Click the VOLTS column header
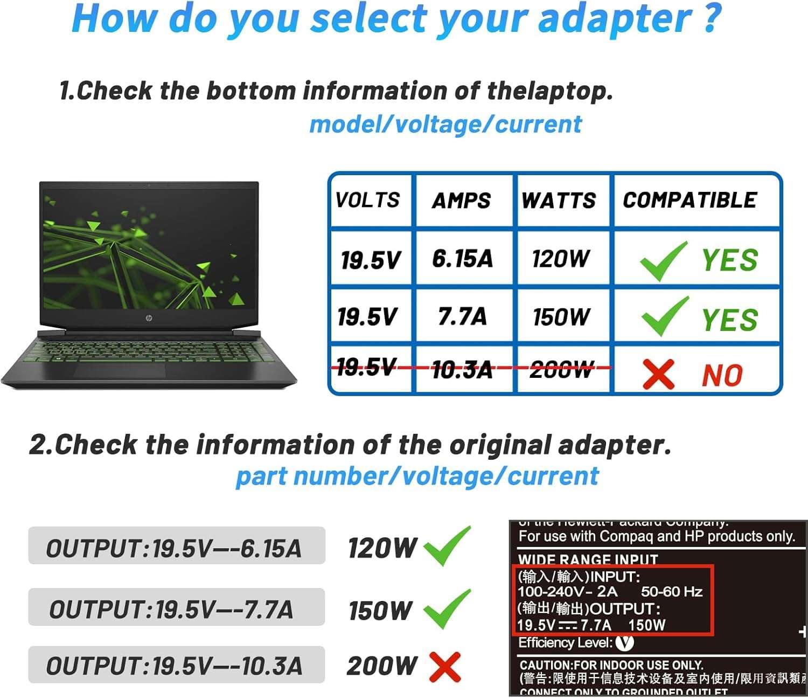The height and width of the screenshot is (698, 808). coord(367,200)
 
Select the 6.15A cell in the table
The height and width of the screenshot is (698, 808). coord(462,258)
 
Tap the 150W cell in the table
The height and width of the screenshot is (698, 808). coord(561,316)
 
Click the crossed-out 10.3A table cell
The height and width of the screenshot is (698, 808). coord(462,370)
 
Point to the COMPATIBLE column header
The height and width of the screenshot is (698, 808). coord(690,200)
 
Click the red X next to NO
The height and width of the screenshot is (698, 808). coord(658,374)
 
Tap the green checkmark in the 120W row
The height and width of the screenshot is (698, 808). coord(663,261)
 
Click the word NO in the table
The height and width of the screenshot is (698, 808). coord(722,375)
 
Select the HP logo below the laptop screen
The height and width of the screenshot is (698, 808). coord(149,318)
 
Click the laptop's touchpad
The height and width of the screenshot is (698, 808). coord(121,371)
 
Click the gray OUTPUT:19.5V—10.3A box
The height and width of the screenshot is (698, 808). coord(177,665)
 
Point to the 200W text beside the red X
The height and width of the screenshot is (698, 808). coord(382,666)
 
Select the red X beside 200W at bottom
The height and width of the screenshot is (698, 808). coord(445,667)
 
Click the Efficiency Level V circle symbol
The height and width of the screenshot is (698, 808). coord(624,642)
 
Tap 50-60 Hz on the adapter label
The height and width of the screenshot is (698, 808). coord(671,592)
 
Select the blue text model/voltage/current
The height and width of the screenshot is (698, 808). coord(445,125)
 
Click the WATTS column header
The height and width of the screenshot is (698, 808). coord(559,200)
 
